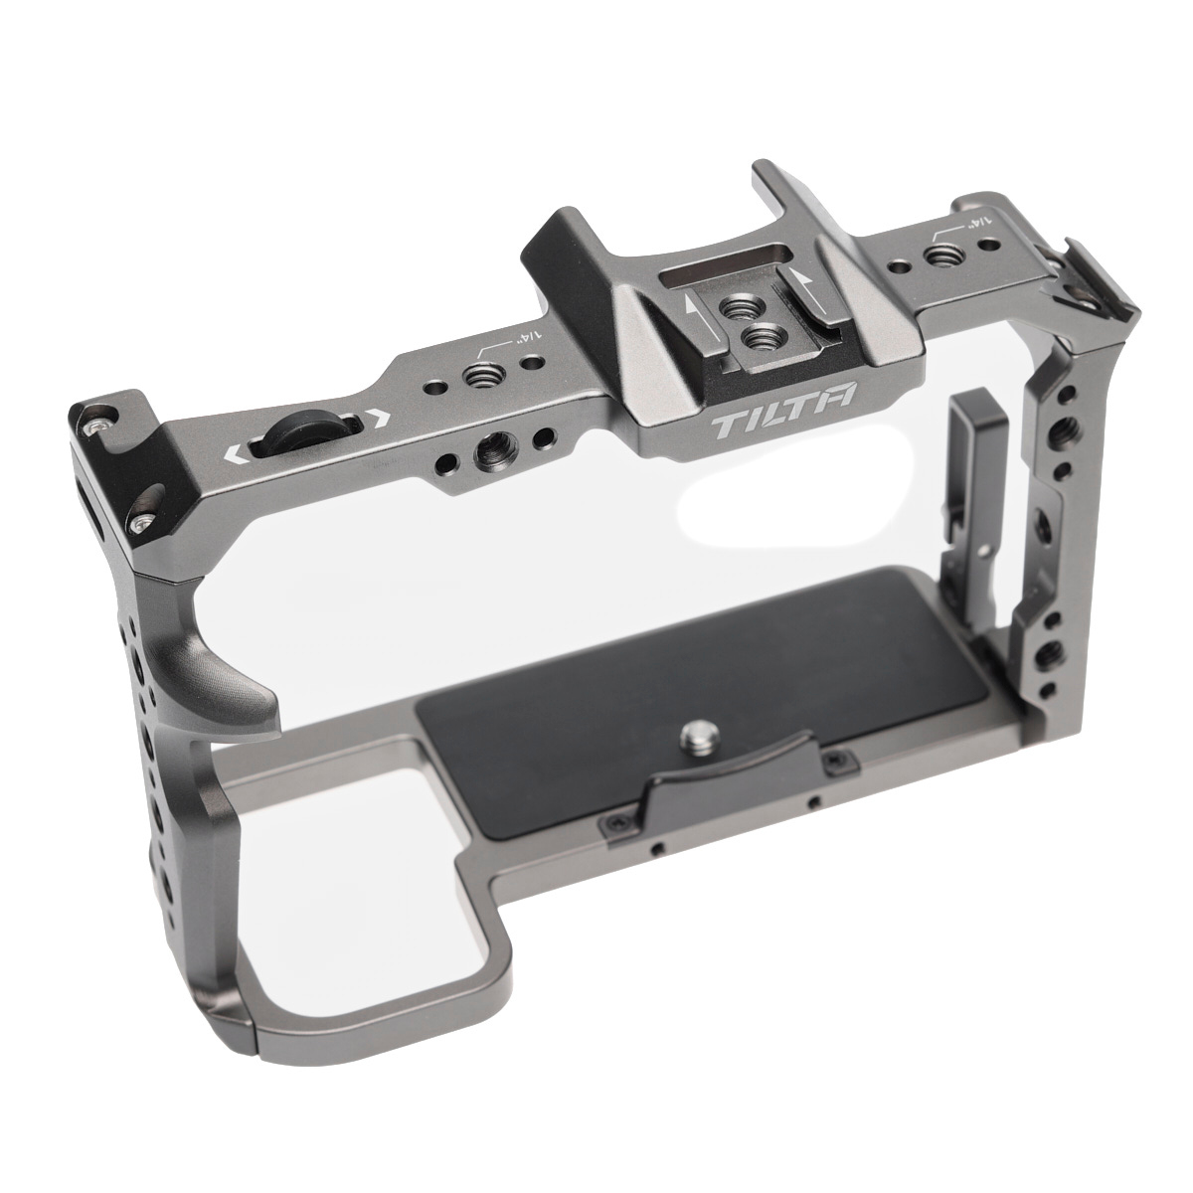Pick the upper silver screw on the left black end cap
(x=95, y=424)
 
